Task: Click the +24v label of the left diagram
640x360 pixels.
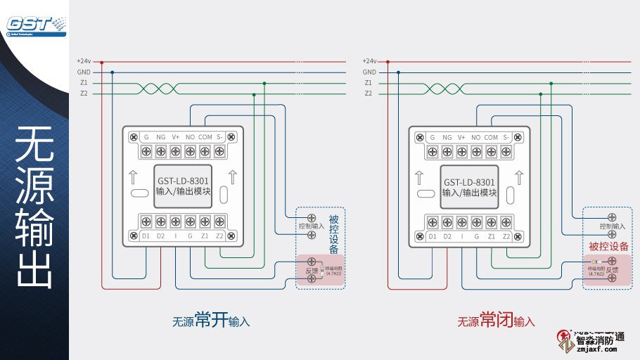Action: [x=84, y=61]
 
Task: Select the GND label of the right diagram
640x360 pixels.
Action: [x=369, y=72]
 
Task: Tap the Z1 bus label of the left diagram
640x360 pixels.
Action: [x=84, y=82]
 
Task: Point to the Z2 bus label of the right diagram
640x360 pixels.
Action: [x=369, y=93]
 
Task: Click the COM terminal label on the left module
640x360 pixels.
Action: [x=205, y=137]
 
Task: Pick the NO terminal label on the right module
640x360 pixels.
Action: [x=476, y=137]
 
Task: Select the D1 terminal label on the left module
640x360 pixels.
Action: [x=146, y=236]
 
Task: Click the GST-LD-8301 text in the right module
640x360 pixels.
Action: [x=471, y=181]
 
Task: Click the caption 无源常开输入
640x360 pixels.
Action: [x=211, y=321]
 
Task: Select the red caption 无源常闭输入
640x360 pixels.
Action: [x=497, y=321]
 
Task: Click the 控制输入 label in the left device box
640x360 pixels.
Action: [x=311, y=226]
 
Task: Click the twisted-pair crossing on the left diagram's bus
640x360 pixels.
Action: [x=156, y=88]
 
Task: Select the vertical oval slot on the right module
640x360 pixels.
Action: [x=509, y=195]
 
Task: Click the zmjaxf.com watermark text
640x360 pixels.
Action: [x=596, y=348]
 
